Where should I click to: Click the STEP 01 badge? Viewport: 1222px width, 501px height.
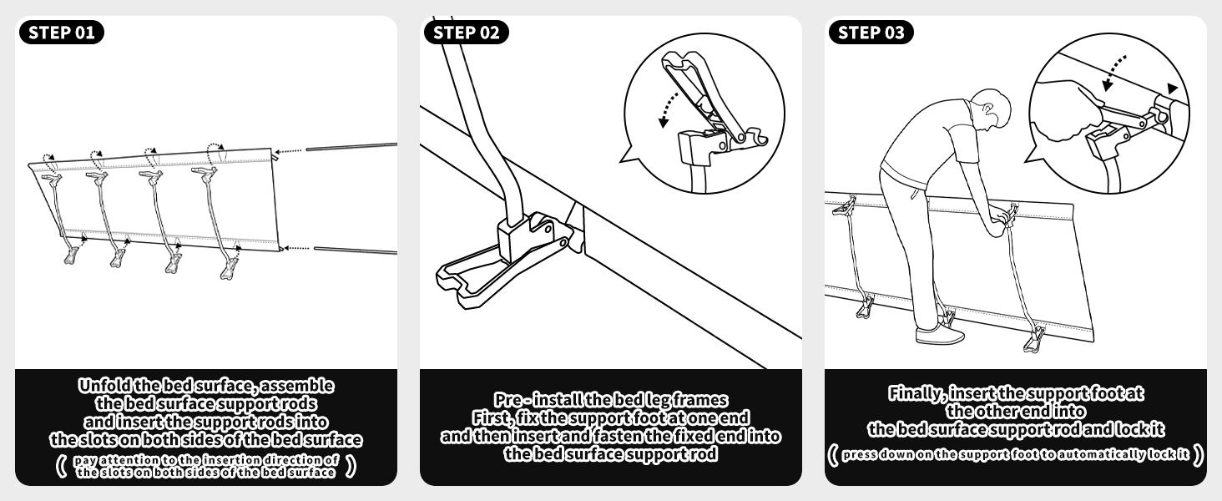[x=61, y=33]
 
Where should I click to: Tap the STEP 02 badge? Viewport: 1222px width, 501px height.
[x=466, y=33]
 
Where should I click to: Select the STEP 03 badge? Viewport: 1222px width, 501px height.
[x=871, y=33]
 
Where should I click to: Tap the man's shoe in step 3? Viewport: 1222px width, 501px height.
[x=939, y=334]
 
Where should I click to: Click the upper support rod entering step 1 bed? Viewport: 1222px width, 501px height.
[x=351, y=146]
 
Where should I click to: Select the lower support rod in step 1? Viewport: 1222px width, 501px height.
[x=355, y=250]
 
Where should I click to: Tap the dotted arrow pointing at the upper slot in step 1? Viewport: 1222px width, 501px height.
[x=288, y=151]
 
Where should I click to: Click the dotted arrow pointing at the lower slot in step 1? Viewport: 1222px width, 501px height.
[x=297, y=248]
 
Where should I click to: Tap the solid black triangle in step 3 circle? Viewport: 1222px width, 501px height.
[x=1172, y=89]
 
